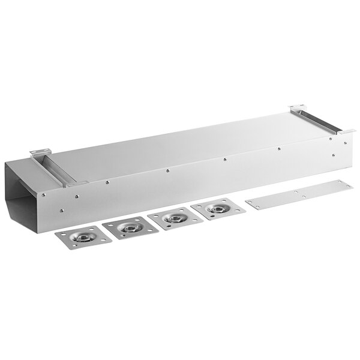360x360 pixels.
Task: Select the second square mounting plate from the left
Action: coord(128,228)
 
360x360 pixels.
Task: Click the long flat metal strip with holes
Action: coord(298,194)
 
